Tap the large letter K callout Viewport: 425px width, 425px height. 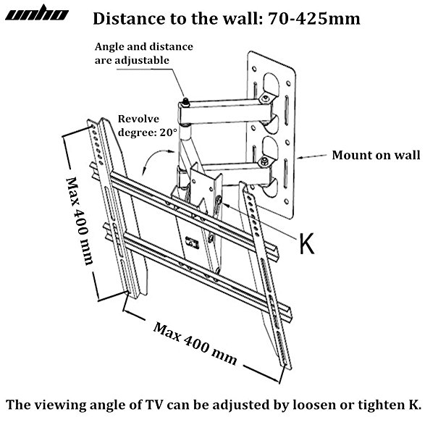coord(308,243)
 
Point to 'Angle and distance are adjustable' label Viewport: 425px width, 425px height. coord(144,53)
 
